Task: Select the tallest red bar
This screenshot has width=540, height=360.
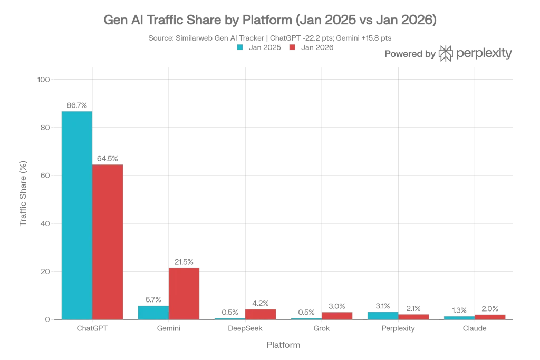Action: tap(108, 242)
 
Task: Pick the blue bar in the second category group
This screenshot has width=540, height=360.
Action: tap(153, 312)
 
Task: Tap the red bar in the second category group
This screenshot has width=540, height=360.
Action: tap(185, 294)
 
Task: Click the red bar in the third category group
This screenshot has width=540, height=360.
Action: tap(261, 314)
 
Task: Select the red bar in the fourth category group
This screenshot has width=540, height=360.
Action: tap(337, 316)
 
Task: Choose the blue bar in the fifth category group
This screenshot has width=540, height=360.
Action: tap(382, 315)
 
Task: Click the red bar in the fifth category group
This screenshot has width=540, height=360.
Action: tap(414, 316)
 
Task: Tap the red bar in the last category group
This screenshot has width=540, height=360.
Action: tap(490, 316)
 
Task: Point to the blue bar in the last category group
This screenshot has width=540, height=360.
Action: tap(459, 317)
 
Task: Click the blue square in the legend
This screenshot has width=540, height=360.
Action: tap(240, 46)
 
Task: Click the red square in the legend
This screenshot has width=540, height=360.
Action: tap(291, 46)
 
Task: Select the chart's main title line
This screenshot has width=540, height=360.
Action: tap(269, 21)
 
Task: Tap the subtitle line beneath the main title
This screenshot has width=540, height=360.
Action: tap(269, 37)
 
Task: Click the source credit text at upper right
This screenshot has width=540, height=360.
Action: tap(449, 53)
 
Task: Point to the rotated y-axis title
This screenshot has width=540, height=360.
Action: tap(23, 194)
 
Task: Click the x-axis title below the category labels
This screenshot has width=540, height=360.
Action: tap(284, 346)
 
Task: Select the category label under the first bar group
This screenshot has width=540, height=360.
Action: tap(92, 329)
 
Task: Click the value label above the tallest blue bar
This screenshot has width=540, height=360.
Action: tap(76, 105)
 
